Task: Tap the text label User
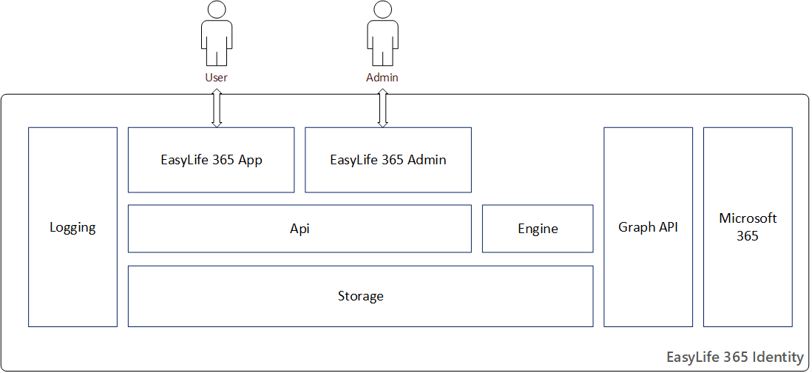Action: coord(217,78)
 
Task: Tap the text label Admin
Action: coord(382,78)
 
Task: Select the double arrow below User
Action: coord(217,108)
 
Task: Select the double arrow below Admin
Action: coord(382,108)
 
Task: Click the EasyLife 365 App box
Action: coord(211,160)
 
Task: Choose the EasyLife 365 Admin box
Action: coord(388,160)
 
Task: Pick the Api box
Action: coord(300,229)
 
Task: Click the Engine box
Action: coord(538,229)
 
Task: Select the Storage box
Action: coord(360,296)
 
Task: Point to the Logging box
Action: coord(72,227)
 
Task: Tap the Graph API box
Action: coord(648,227)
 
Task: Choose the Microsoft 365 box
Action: coord(748,227)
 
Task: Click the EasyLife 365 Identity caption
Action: coord(734,357)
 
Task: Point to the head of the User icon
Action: coord(217,10)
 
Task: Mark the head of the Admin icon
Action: coord(382,10)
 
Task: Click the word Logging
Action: coord(72,227)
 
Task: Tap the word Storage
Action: coord(360,296)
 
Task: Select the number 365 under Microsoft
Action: coord(748,236)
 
